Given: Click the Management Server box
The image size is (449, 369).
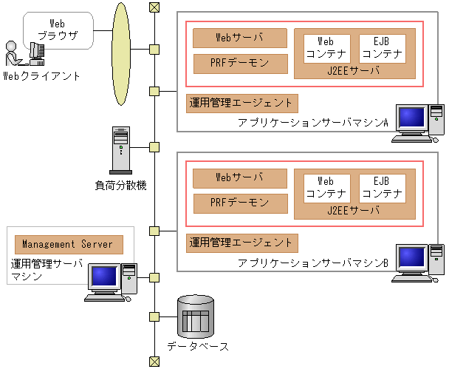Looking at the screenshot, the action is click(69, 245).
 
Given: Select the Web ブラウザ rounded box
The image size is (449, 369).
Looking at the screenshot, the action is click(58, 30).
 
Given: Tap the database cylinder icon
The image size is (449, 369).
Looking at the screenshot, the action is click(196, 316).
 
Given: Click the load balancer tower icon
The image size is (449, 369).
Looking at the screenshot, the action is click(121, 150).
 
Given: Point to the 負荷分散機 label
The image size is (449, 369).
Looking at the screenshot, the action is click(121, 186).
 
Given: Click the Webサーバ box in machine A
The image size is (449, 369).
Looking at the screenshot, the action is click(240, 38).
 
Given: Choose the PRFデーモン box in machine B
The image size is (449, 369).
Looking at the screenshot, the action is click(241, 203).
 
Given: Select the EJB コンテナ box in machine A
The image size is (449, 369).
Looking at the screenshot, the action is click(383, 49).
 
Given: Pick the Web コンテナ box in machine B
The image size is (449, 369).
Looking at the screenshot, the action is click(327, 189).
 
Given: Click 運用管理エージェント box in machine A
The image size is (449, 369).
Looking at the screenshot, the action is click(242, 104).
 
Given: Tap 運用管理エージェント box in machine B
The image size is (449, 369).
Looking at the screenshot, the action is click(242, 243).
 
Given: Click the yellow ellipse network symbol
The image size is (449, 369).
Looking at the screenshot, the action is click(121, 54).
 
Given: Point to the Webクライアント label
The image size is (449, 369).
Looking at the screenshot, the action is click(41, 76).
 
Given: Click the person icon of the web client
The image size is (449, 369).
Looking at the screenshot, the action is click(13, 54).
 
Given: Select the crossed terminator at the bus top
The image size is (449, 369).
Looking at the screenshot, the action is click(154, 7).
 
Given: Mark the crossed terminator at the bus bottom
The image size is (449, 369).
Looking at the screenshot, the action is click(154, 362).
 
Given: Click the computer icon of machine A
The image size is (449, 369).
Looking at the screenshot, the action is click(418, 123).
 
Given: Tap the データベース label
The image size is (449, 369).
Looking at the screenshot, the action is click(198, 346).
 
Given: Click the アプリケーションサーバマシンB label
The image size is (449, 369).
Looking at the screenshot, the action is click(313, 263).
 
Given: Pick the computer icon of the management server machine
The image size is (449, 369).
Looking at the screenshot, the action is click(111, 282).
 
